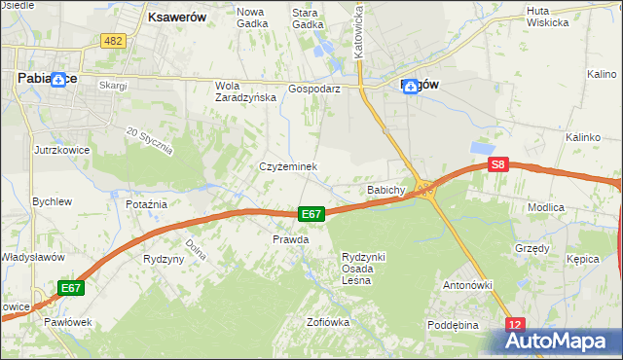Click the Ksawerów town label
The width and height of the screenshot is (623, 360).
click(x=176, y=17)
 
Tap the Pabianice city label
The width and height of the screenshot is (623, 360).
click(x=40, y=81)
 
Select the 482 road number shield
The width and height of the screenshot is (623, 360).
click(x=113, y=40)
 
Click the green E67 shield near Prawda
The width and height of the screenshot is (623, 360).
click(x=311, y=214)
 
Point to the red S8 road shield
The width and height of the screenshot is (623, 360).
click(x=498, y=165)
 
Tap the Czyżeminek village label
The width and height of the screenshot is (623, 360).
click(x=288, y=167)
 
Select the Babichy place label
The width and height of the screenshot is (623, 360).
click(x=385, y=190)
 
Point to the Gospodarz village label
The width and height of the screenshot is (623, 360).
click(x=313, y=88)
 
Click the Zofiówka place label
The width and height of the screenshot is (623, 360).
click(x=327, y=322)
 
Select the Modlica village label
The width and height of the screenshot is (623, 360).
click(x=573, y=208)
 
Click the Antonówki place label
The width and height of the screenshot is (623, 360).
click(x=467, y=285)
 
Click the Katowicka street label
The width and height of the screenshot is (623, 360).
click(x=359, y=29)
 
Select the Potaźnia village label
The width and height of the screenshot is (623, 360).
click(x=147, y=204)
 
